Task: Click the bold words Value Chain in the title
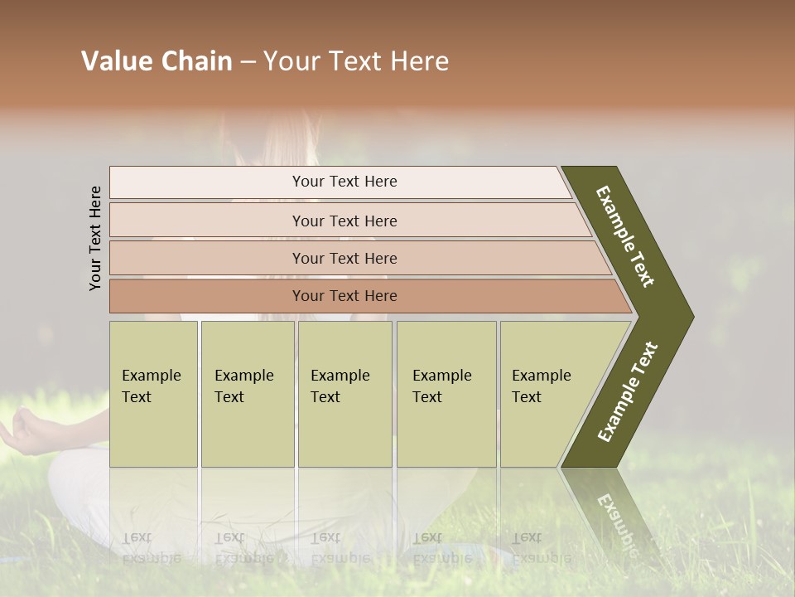coord(157,61)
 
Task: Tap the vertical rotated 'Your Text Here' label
coord(95,238)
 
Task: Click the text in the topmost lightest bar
coord(344,182)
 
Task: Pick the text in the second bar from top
coord(344,221)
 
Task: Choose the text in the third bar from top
coord(344,259)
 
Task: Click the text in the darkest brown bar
coord(344,296)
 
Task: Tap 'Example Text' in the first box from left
coord(151,386)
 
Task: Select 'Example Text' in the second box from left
coord(243,386)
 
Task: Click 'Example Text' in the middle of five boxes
coord(340,386)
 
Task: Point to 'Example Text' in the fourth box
coord(441,386)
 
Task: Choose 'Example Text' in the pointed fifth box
coord(541,386)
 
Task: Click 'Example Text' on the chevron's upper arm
coord(625,236)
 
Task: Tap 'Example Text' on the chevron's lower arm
coord(628,391)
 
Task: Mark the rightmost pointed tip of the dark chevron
coord(692,316)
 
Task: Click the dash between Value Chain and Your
coord(248,62)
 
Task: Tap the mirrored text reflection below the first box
coord(151,547)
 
